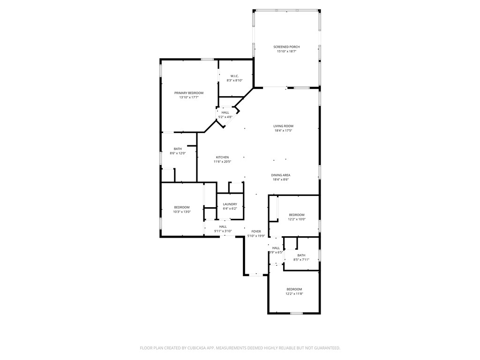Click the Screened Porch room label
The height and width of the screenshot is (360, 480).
pos(286,47)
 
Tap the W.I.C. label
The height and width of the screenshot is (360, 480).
pos(234,76)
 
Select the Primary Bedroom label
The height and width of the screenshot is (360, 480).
pos(189,93)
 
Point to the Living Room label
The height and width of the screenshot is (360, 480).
pos(284,126)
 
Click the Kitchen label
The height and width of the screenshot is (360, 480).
pos(222,157)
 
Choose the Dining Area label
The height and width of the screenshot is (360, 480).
pos(281,175)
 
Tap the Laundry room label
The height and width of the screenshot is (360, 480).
pos(230,204)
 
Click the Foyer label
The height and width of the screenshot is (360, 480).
pos(256,232)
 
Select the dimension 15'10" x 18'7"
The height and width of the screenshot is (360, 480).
pos(286,52)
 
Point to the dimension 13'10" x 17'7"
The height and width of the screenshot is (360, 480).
pos(189,97)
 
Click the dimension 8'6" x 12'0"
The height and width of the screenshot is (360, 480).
pos(178,153)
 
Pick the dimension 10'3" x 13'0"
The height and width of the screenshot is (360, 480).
pos(182,211)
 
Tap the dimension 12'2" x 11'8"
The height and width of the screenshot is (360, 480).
pos(294,294)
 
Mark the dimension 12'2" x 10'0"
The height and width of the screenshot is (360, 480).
pos(297,219)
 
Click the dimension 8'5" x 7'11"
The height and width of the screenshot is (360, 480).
pos(301,260)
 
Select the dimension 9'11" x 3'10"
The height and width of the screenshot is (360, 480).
pos(223,231)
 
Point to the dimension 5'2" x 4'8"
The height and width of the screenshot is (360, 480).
pos(225,117)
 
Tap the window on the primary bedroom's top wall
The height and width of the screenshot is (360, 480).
pos(207,59)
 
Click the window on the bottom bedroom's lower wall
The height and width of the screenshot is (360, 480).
pos(296,313)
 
